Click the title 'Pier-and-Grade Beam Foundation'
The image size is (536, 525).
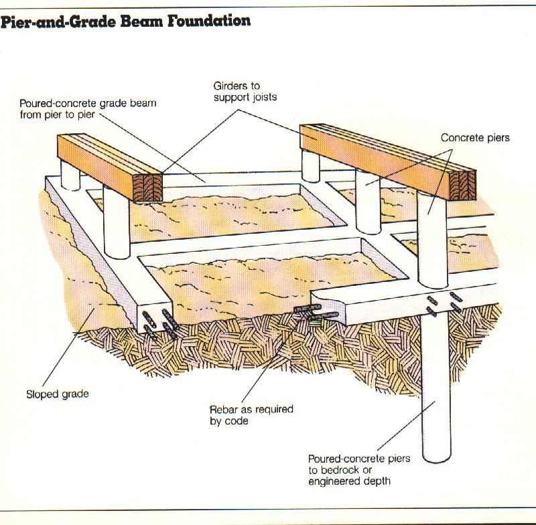[x=125, y=21]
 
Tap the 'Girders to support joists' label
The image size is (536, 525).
[x=245, y=91]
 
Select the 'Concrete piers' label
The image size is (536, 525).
[x=475, y=138]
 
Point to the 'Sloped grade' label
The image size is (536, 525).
[x=58, y=394]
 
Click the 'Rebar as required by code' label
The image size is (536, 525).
[x=251, y=415]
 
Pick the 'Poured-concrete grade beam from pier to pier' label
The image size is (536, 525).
[x=88, y=108]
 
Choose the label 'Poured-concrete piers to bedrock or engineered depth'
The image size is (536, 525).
[x=359, y=469]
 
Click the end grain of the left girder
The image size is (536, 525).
[x=147, y=187]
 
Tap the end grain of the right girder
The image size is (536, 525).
[x=462, y=185]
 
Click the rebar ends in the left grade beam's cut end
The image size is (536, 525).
[x=160, y=323]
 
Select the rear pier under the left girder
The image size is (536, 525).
[x=70, y=175]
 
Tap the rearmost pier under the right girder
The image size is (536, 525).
[x=311, y=166]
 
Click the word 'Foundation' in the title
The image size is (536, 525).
[x=209, y=21]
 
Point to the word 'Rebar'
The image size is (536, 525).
[x=224, y=409]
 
